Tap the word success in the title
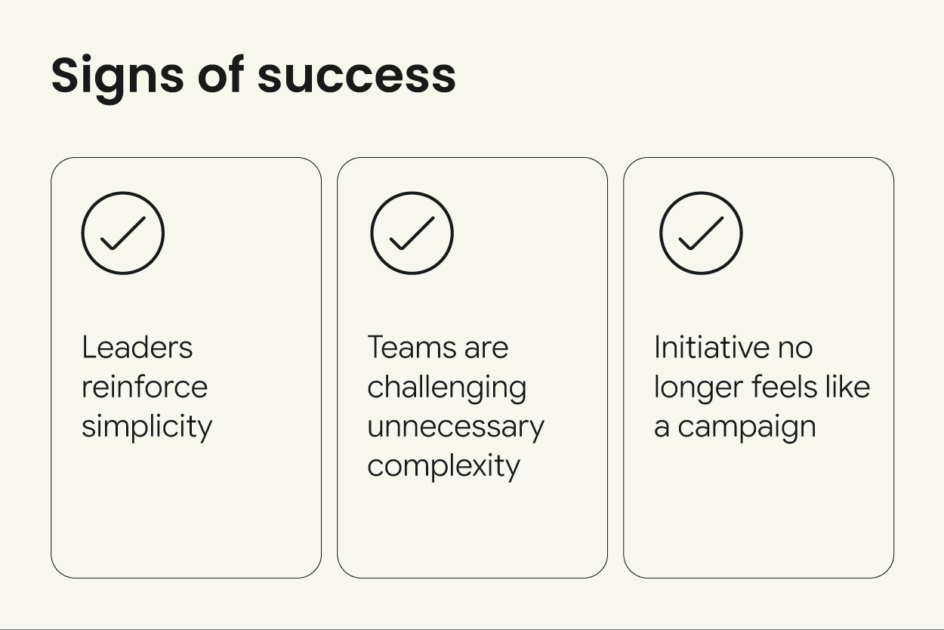click(x=356, y=76)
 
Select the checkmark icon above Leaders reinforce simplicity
click(x=123, y=233)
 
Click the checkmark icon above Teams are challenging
click(x=412, y=233)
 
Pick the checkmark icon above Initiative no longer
click(x=701, y=233)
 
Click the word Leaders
click(x=137, y=347)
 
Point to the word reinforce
click(x=144, y=387)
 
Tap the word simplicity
click(x=147, y=427)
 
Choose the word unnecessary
click(x=455, y=427)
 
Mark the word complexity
click(x=443, y=466)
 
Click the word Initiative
click(x=711, y=347)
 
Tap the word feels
click(x=786, y=387)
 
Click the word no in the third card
click(x=795, y=348)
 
